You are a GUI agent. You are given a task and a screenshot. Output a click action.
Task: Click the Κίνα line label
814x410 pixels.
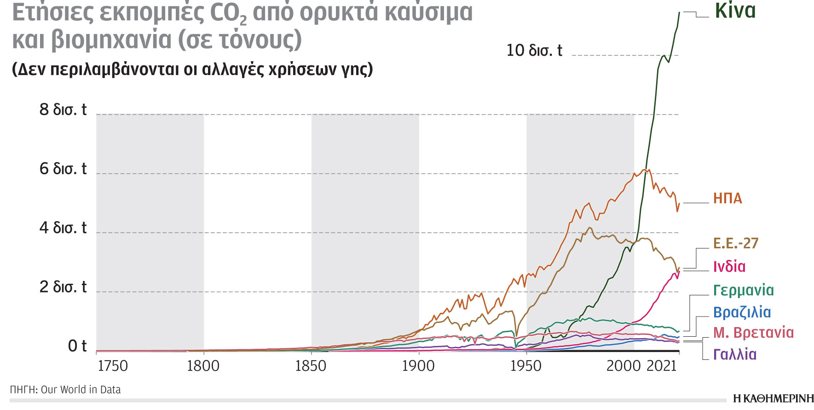click(x=735, y=11)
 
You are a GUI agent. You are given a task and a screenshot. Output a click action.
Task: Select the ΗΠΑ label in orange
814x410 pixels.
click(x=727, y=199)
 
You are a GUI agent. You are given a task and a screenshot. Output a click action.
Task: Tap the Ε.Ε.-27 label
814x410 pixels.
click(x=735, y=243)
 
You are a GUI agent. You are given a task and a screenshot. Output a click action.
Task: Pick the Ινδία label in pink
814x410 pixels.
click(x=729, y=267)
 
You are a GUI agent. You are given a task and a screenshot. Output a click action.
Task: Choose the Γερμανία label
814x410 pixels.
click(x=743, y=290)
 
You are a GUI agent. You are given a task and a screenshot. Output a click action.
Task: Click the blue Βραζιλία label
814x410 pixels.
click(x=742, y=312)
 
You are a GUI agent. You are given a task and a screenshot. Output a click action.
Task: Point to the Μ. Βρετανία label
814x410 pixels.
click(x=753, y=333)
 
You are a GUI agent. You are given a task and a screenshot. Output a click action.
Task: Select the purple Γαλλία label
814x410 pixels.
click(x=734, y=354)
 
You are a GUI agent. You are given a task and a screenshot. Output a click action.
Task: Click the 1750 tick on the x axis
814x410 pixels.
click(x=112, y=366)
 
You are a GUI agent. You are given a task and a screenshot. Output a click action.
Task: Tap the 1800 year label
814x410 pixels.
click(x=203, y=366)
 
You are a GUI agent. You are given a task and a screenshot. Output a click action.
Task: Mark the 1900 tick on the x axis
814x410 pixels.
click(x=418, y=366)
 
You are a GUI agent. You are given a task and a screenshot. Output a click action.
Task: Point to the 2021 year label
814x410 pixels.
click(x=661, y=366)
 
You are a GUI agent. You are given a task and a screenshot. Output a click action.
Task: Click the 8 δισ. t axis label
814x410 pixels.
click(x=63, y=110)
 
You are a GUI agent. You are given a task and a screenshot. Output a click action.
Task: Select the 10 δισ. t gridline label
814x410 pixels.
click(x=534, y=50)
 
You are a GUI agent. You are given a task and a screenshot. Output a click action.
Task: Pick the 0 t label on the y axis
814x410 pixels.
click(x=77, y=346)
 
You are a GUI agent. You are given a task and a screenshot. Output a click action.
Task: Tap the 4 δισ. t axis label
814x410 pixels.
click(x=63, y=228)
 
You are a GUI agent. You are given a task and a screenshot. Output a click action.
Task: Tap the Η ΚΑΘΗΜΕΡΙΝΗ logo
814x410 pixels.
click(x=773, y=398)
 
